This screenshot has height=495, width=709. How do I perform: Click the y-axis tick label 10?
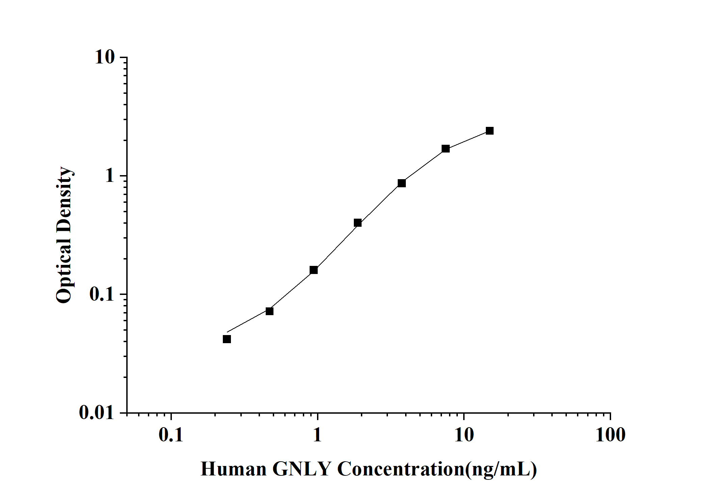(x=105, y=57)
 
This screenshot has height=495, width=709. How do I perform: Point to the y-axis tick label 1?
(x=110, y=176)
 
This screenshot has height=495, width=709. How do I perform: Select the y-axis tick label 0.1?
(x=102, y=294)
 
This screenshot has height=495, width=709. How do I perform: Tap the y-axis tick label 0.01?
(x=97, y=413)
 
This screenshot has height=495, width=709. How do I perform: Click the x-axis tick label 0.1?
(x=171, y=435)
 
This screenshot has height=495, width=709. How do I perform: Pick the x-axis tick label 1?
(x=317, y=435)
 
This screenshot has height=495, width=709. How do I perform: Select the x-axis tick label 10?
(x=464, y=435)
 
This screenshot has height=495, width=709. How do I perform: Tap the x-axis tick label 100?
(x=610, y=435)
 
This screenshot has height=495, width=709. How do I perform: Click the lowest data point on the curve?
(x=227, y=339)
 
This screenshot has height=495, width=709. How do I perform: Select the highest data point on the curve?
(x=490, y=131)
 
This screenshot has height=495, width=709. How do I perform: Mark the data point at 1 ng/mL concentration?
(x=314, y=270)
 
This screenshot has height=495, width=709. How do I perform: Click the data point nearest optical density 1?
(x=401, y=183)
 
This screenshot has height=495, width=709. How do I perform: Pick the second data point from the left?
(x=269, y=311)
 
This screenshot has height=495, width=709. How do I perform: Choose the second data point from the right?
(x=446, y=149)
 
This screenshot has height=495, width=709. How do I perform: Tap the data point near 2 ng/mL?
(x=358, y=223)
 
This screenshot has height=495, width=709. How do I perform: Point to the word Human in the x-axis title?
(x=234, y=469)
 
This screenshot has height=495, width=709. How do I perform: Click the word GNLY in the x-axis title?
(x=301, y=469)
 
